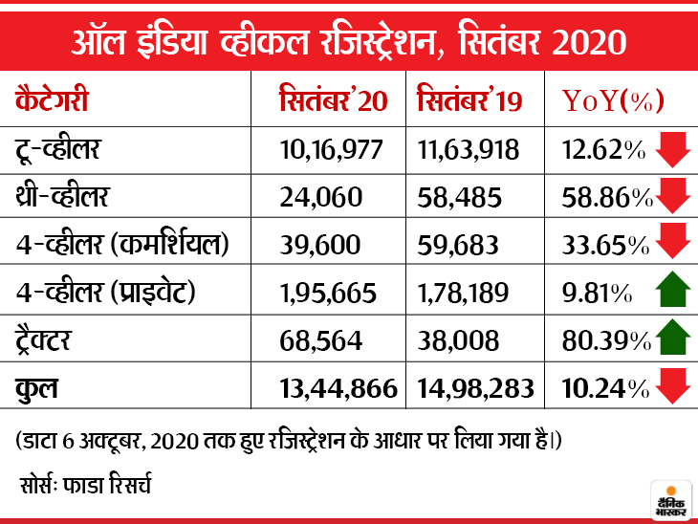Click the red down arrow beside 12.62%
(673, 149)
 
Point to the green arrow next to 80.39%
(673, 338)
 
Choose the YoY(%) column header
(612, 100)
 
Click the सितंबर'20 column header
(333, 100)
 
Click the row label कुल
(38, 387)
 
